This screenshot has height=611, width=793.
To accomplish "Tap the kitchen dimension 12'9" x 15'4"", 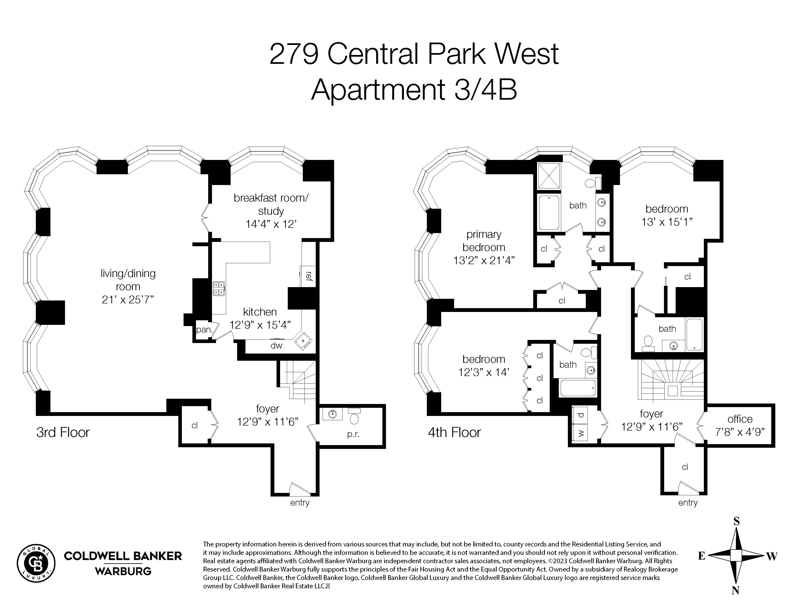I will coord(260,325).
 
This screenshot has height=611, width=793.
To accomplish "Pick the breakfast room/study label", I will coord(271,205).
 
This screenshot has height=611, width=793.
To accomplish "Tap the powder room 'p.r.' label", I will coord(353,434).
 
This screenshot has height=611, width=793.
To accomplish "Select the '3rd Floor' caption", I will coord(63,432).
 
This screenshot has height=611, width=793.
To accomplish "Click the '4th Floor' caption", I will coord(454,432).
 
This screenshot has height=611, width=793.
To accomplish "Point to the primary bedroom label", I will coord(484,241).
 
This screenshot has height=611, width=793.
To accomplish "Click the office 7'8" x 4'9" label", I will coord(740,425).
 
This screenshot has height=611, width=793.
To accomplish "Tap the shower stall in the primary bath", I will coord(549,176).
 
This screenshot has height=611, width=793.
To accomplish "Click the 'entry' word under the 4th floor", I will coord(688,503).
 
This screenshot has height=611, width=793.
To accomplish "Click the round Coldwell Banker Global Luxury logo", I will coord(36,563).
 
